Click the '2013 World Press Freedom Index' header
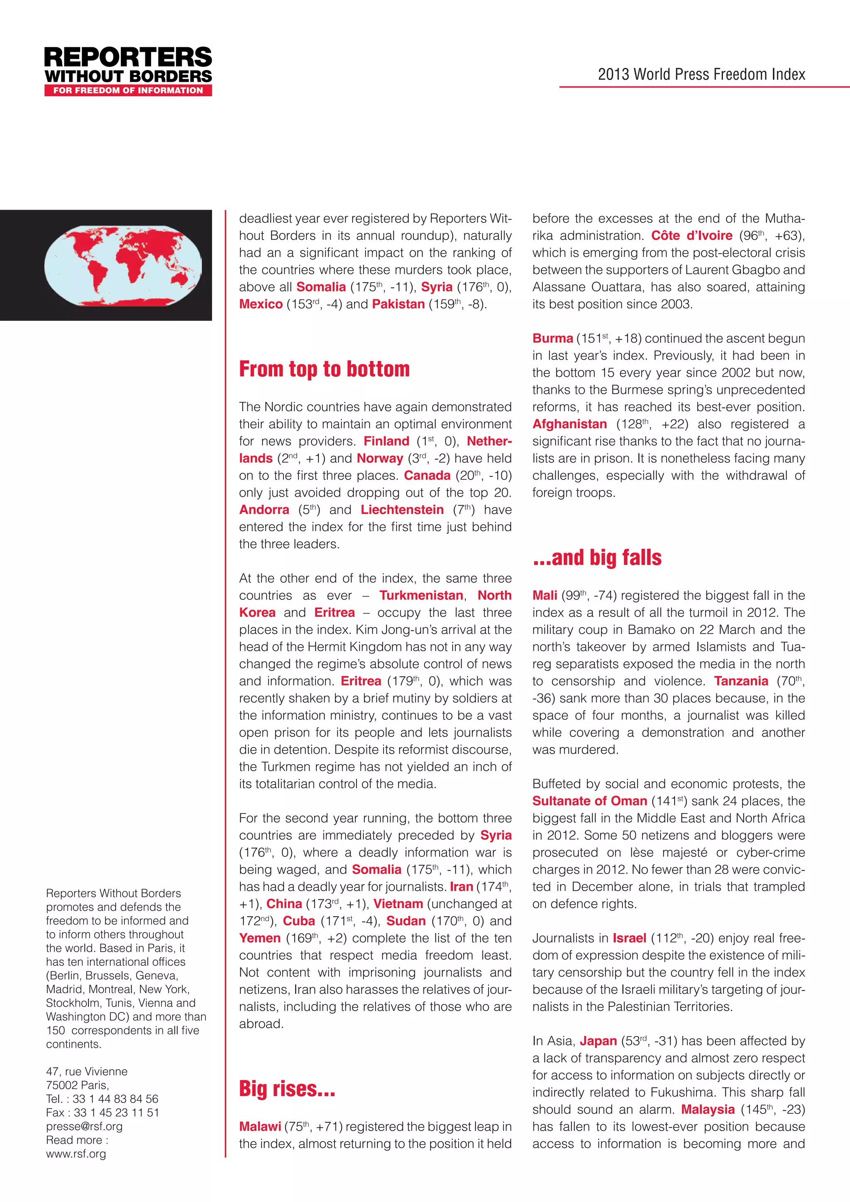(x=701, y=74)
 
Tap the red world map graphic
(x=123, y=265)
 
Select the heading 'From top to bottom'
(x=324, y=369)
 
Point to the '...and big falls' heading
(x=597, y=557)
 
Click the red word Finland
(x=386, y=441)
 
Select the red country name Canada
(x=427, y=475)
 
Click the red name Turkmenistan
(x=421, y=595)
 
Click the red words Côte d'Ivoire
(x=691, y=236)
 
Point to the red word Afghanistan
(x=569, y=424)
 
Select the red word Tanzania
(x=741, y=681)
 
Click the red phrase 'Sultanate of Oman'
(x=589, y=801)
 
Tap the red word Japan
(x=598, y=1041)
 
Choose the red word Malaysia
(x=708, y=1109)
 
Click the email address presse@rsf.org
(x=84, y=1126)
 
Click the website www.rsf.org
(x=76, y=1153)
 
